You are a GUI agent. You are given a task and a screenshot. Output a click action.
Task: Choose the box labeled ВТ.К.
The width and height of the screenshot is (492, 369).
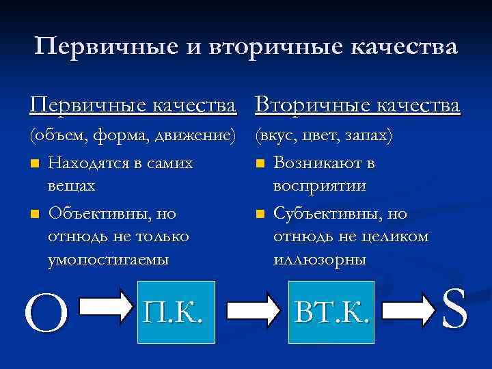(331, 312)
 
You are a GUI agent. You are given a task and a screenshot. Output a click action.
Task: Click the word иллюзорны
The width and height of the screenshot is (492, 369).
(319, 260)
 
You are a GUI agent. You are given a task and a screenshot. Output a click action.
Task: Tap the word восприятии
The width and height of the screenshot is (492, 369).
(320, 186)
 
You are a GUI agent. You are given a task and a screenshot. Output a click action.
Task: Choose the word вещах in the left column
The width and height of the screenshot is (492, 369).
(72, 186)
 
